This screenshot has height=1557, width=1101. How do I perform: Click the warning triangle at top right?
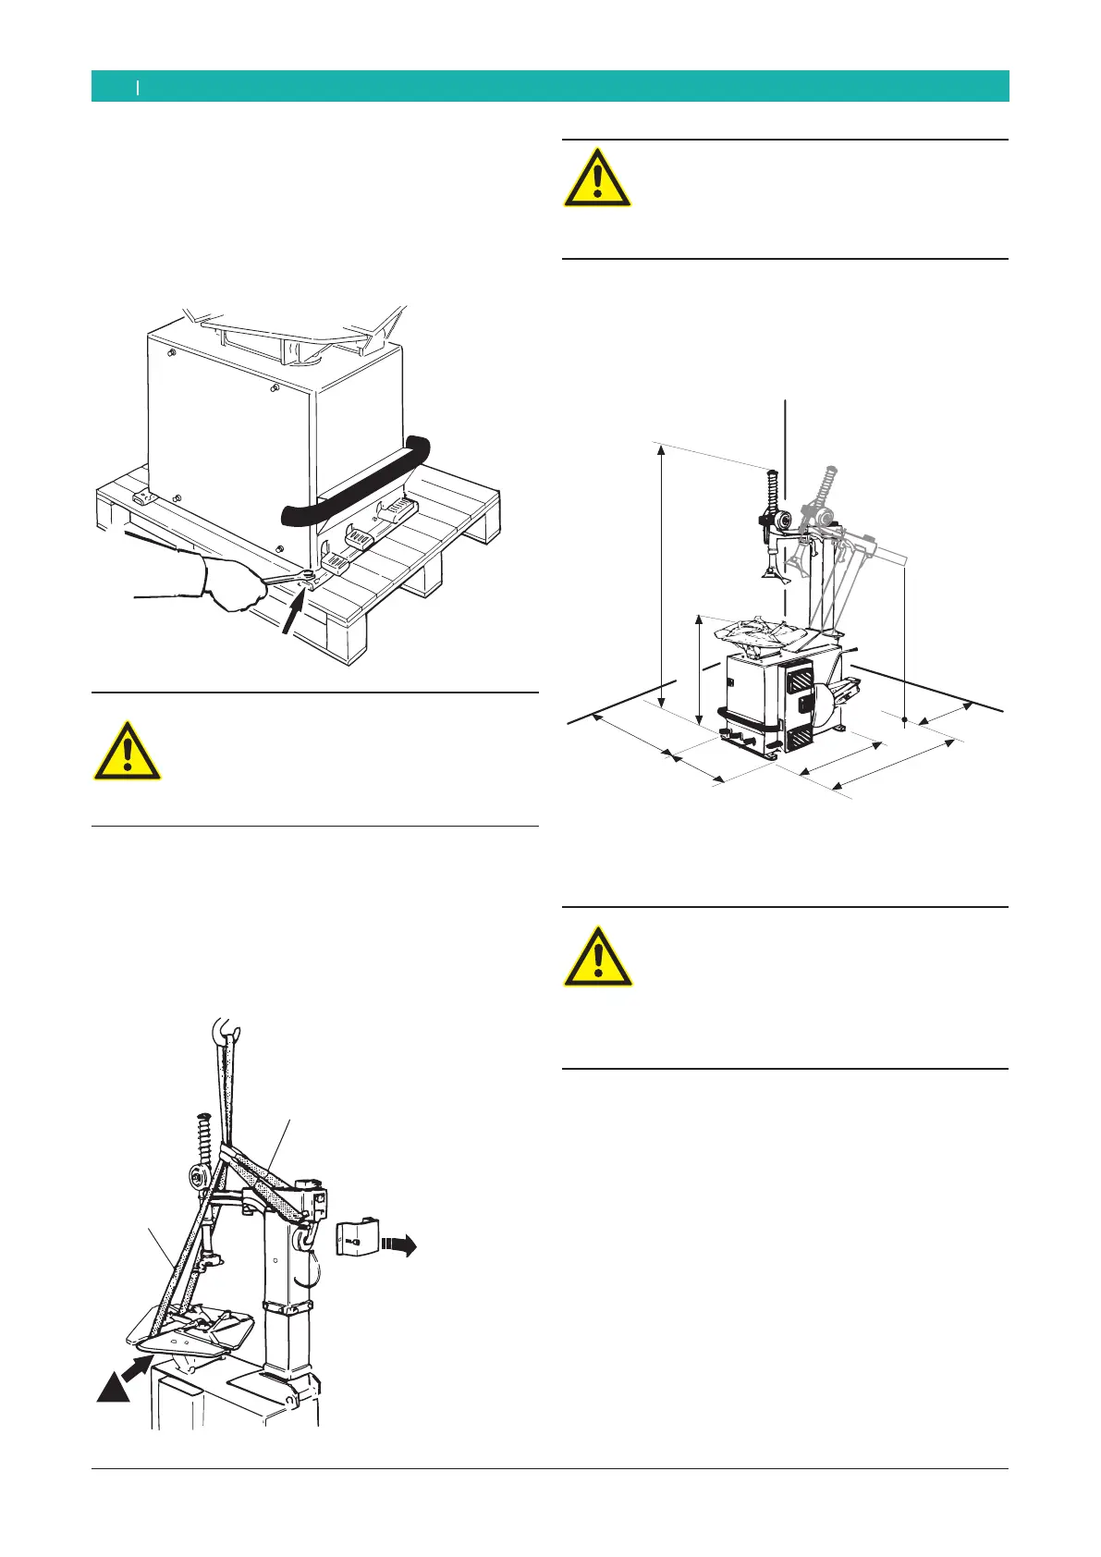(598, 178)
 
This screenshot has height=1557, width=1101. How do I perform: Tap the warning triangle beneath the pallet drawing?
(127, 751)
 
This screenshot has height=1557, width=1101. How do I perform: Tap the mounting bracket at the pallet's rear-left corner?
(143, 499)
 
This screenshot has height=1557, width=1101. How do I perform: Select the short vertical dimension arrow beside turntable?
(700, 670)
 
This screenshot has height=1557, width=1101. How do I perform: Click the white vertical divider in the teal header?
(138, 87)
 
